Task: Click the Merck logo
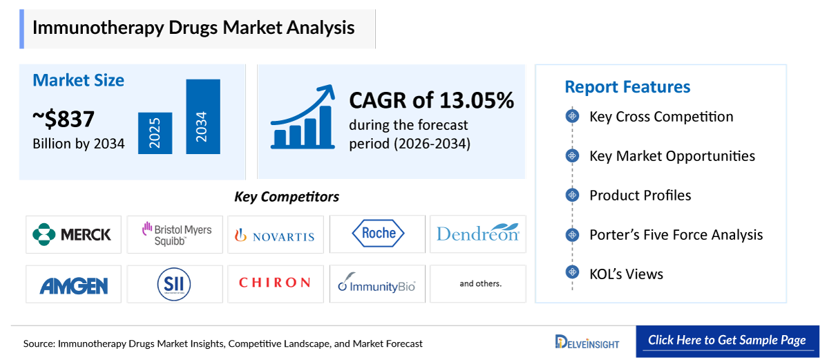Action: click(x=73, y=234)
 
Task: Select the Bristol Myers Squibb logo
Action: click(x=177, y=234)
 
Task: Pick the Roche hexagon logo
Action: click(x=377, y=234)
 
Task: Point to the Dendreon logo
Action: click(x=477, y=234)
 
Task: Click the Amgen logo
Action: click(x=73, y=284)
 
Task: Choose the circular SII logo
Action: click(x=173, y=284)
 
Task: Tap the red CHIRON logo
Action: click(x=275, y=283)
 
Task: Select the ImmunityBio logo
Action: click(x=377, y=284)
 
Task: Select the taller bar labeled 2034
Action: click(x=202, y=117)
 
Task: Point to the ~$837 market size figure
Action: click(x=64, y=120)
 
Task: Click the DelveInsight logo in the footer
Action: click(x=587, y=342)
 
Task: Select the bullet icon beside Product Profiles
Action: click(x=572, y=196)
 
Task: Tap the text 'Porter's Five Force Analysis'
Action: click(x=676, y=235)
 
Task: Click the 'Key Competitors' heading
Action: click(x=287, y=197)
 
